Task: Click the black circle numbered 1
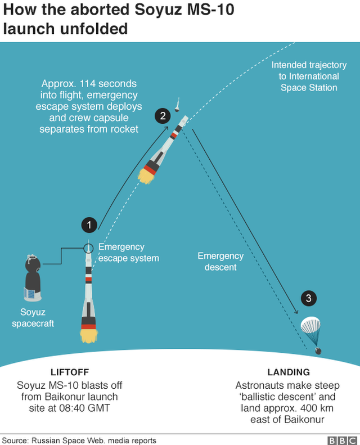[x=89, y=225]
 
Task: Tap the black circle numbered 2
[x=163, y=116]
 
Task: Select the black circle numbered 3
[x=309, y=298]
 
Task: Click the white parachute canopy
[x=310, y=325]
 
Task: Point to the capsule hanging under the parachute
[x=318, y=352]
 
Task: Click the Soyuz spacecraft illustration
[x=33, y=278]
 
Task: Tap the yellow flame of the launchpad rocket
[x=89, y=336]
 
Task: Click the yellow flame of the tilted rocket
[x=146, y=176]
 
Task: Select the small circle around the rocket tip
[x=88, y=248]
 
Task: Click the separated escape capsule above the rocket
[x=178, y=105]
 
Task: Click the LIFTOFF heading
[x=70, y=372]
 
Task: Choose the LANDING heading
[x=289, y=372]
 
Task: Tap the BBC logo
[x=342, y=440]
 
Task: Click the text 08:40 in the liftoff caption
[x=72, y=408]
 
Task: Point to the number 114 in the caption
[x=88, y=84]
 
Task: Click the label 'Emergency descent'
[x=220, y=262]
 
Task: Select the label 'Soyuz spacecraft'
[x=33, y=318]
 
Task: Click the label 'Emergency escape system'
[x=128, y=253]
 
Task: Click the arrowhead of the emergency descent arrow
[x=296, y=312]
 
